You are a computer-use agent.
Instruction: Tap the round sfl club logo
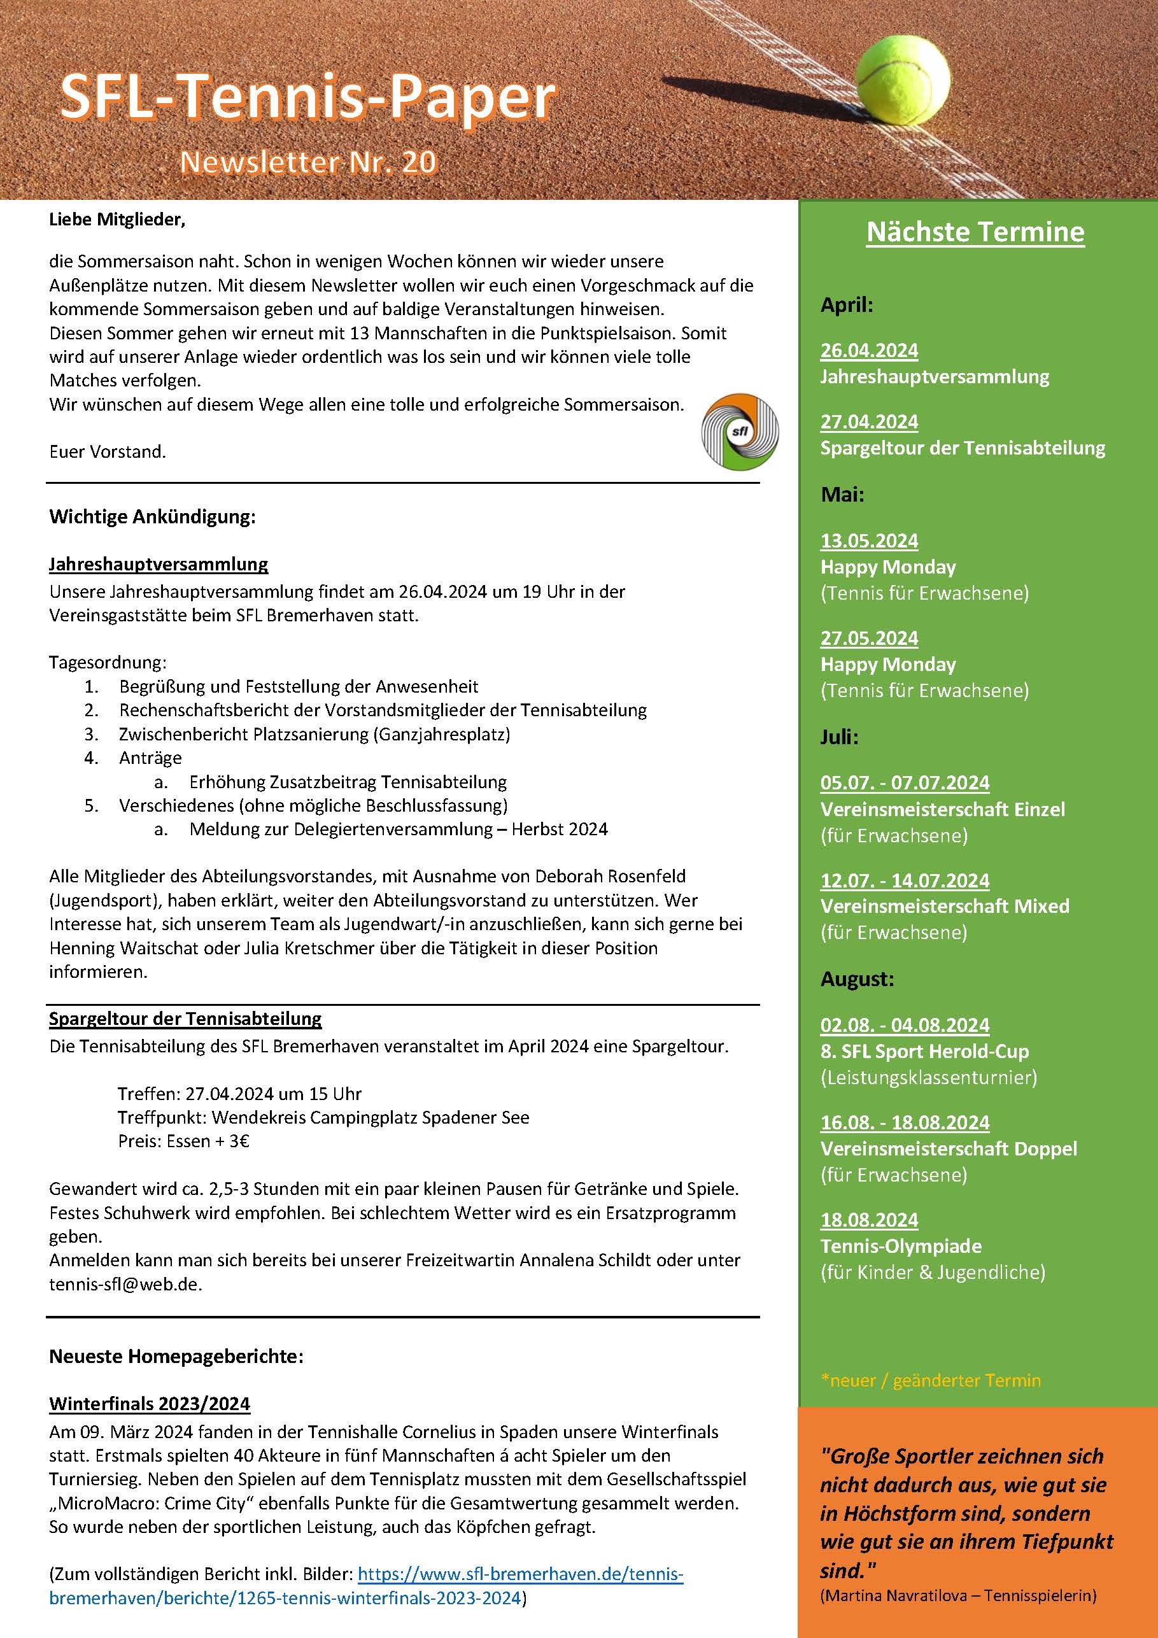click(740, 432)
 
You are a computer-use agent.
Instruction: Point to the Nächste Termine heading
click(975, 232)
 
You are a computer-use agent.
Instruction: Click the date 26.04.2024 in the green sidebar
click(869, 350)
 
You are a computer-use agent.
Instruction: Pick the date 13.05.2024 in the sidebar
click(869, 540)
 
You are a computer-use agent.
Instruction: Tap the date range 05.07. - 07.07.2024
click(905, 782)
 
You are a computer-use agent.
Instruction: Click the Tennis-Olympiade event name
click(900, 1246)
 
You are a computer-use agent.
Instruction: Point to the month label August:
click(857, 979)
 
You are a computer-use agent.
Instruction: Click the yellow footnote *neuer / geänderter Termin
click(930, 1380)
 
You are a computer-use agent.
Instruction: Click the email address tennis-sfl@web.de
click(125, 1284)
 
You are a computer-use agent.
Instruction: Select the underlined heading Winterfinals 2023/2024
click(150, 1403)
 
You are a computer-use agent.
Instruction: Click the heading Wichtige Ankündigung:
click(152, 516)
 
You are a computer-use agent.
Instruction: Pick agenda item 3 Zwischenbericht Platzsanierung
click(314, 734)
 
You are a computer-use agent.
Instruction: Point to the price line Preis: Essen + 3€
click(183, 1141)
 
